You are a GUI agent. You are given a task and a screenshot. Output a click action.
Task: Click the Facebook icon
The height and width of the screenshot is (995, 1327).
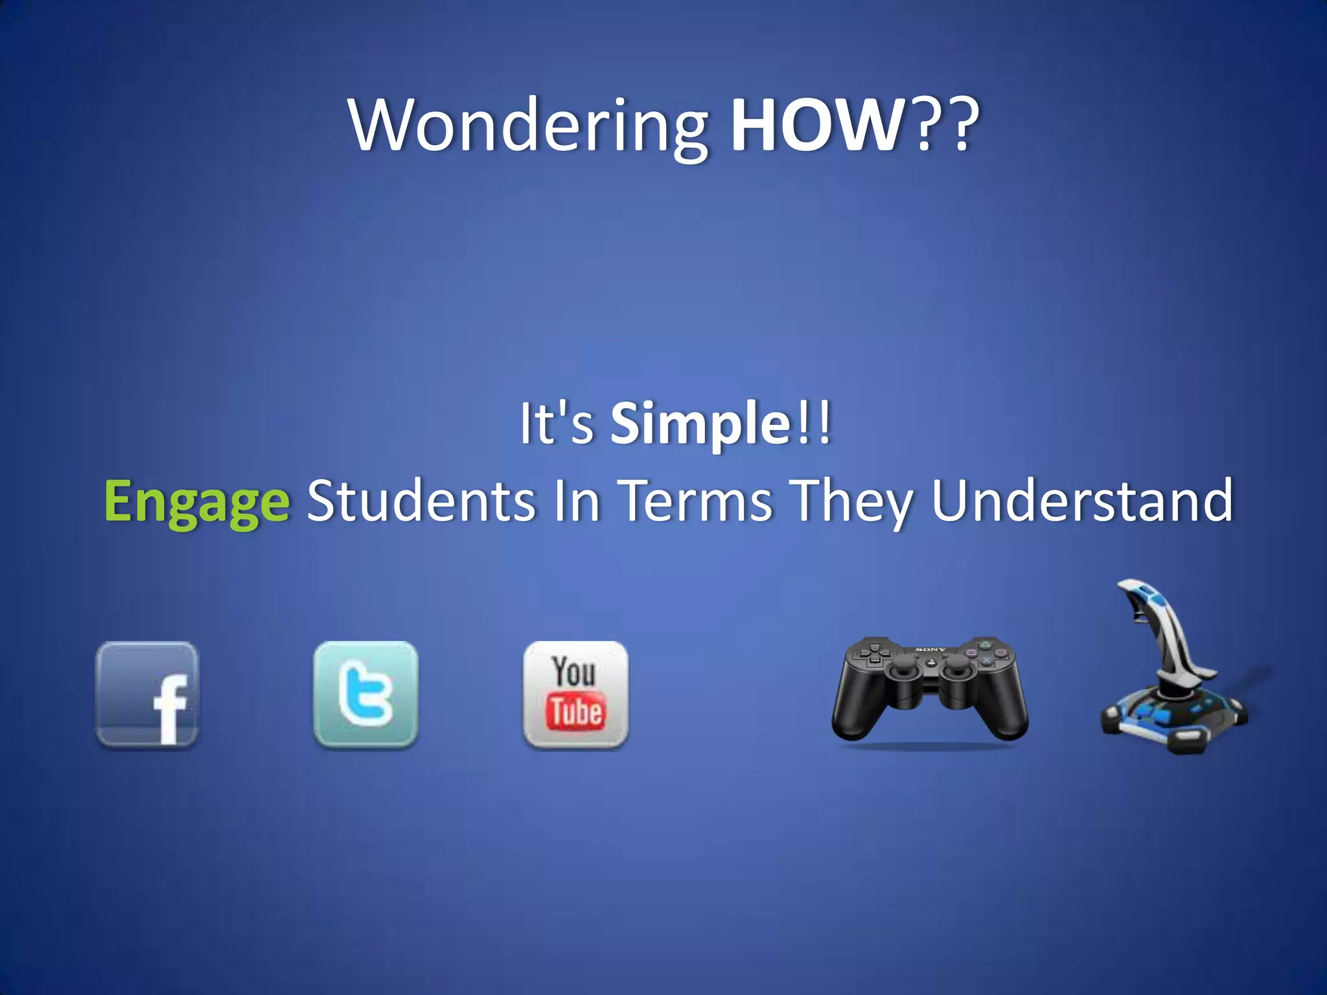[x=148, y=694]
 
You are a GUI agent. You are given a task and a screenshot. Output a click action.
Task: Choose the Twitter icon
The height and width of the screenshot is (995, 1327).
[x=366, y=694]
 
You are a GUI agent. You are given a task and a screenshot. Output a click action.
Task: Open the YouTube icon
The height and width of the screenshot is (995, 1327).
[x=575, y=694]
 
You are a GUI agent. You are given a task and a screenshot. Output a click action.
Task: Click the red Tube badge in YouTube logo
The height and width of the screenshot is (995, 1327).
[x=576, y=711]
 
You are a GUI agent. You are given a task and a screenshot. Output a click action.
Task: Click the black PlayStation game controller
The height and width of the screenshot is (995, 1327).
[x=930, y=690]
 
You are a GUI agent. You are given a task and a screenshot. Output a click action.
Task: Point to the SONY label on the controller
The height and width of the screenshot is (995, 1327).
[x=930, y=649]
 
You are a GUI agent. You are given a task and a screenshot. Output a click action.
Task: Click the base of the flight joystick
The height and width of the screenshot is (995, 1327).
[x=1173, y=719]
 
